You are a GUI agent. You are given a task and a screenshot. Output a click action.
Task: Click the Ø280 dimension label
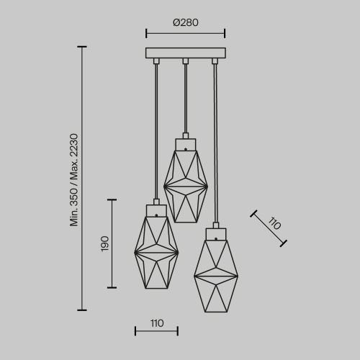186,22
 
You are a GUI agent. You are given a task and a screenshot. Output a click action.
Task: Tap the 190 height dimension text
105,244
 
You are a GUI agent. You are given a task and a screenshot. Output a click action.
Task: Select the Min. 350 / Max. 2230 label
74,180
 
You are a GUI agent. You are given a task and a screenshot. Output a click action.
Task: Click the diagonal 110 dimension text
274,223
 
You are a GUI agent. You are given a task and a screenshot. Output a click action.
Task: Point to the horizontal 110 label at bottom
157,323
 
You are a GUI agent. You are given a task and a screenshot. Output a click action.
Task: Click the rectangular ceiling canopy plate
186,53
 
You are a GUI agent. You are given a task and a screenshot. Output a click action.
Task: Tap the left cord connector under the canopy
156,61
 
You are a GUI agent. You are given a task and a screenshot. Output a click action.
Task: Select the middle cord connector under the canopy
186,61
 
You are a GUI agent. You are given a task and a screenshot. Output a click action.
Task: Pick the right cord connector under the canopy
215,61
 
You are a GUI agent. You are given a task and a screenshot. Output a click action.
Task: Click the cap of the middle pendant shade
186,145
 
